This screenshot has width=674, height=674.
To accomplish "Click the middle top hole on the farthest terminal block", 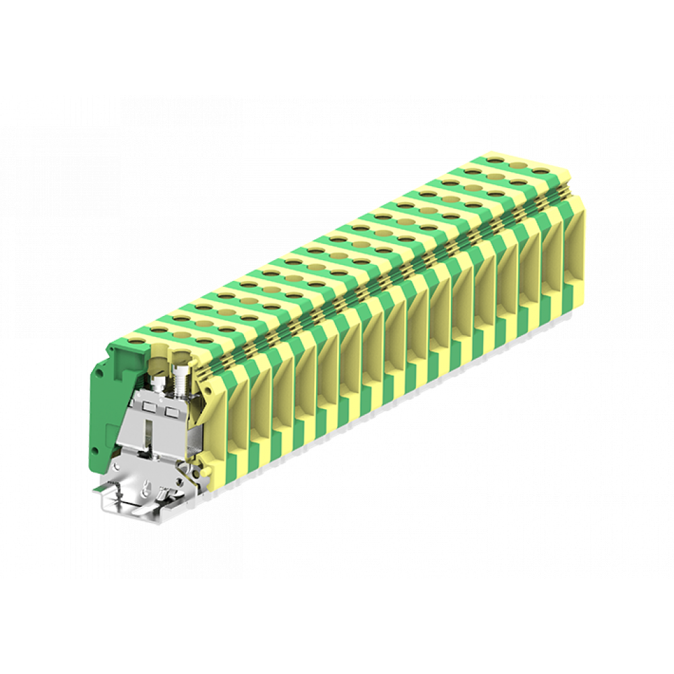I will coord(519,165).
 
